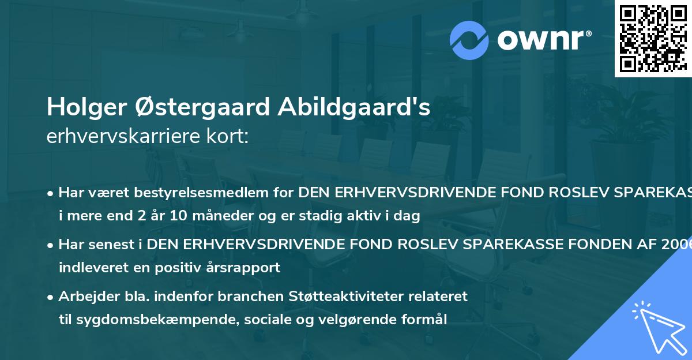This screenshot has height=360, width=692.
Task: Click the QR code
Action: point(653,38)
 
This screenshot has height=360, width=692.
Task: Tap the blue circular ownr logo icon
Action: point(469,40)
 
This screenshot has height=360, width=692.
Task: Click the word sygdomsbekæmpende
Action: point(143,320)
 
